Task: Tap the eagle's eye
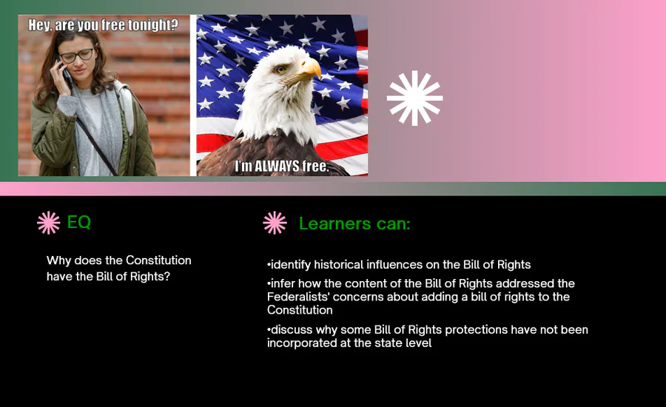pyautogui.click(x=280, y=70)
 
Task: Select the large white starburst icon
pyautogui.click(x=414, y=98)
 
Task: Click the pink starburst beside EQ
pyautogui.click(x=48, y=223)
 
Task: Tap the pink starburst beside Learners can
pyautogui.click(x=275, y=223)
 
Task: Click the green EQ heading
pyautogui.click(x=79, y=222)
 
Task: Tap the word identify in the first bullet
pyautogui.click(x=291, y=265)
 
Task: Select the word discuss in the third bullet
pyautogui.click(x=292, y=330)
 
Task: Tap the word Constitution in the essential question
pyautogui.click(x=158, y=260)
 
